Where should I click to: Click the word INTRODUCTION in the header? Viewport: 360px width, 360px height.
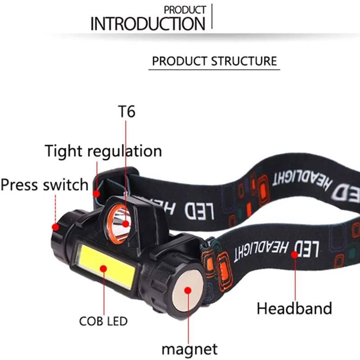[x=148, y=24]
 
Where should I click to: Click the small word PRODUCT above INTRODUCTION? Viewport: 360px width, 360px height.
[x=185, y=10]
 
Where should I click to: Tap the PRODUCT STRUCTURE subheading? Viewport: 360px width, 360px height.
[x=215, y=61]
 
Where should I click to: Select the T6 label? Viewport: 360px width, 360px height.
[x=126, y=112]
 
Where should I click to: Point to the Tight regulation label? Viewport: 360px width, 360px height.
[x=103, y=152]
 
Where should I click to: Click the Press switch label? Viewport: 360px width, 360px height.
[x=45, y=185]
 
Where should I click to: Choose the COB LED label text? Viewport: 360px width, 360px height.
[x=103, y=321]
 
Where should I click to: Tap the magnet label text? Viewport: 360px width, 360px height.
[x=189, y=349]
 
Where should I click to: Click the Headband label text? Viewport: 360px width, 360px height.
[x=294, y=308]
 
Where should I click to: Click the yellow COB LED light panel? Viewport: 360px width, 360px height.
[x=107, y=266]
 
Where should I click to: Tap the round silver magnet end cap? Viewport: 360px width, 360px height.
[x=188, y=290]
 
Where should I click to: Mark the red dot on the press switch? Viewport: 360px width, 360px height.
[x=55, y=227]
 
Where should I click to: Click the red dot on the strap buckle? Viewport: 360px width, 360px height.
[x=96, y=194]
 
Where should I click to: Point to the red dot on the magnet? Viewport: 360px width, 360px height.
[x=188, y=290]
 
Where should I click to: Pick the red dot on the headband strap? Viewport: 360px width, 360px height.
[x=295, y=254]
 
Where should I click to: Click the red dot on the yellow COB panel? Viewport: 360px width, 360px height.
[x=103, y=268]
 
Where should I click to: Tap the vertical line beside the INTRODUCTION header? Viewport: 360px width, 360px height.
[x=211, y=16]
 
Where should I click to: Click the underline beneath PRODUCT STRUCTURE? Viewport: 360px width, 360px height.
[x=214, y=69]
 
